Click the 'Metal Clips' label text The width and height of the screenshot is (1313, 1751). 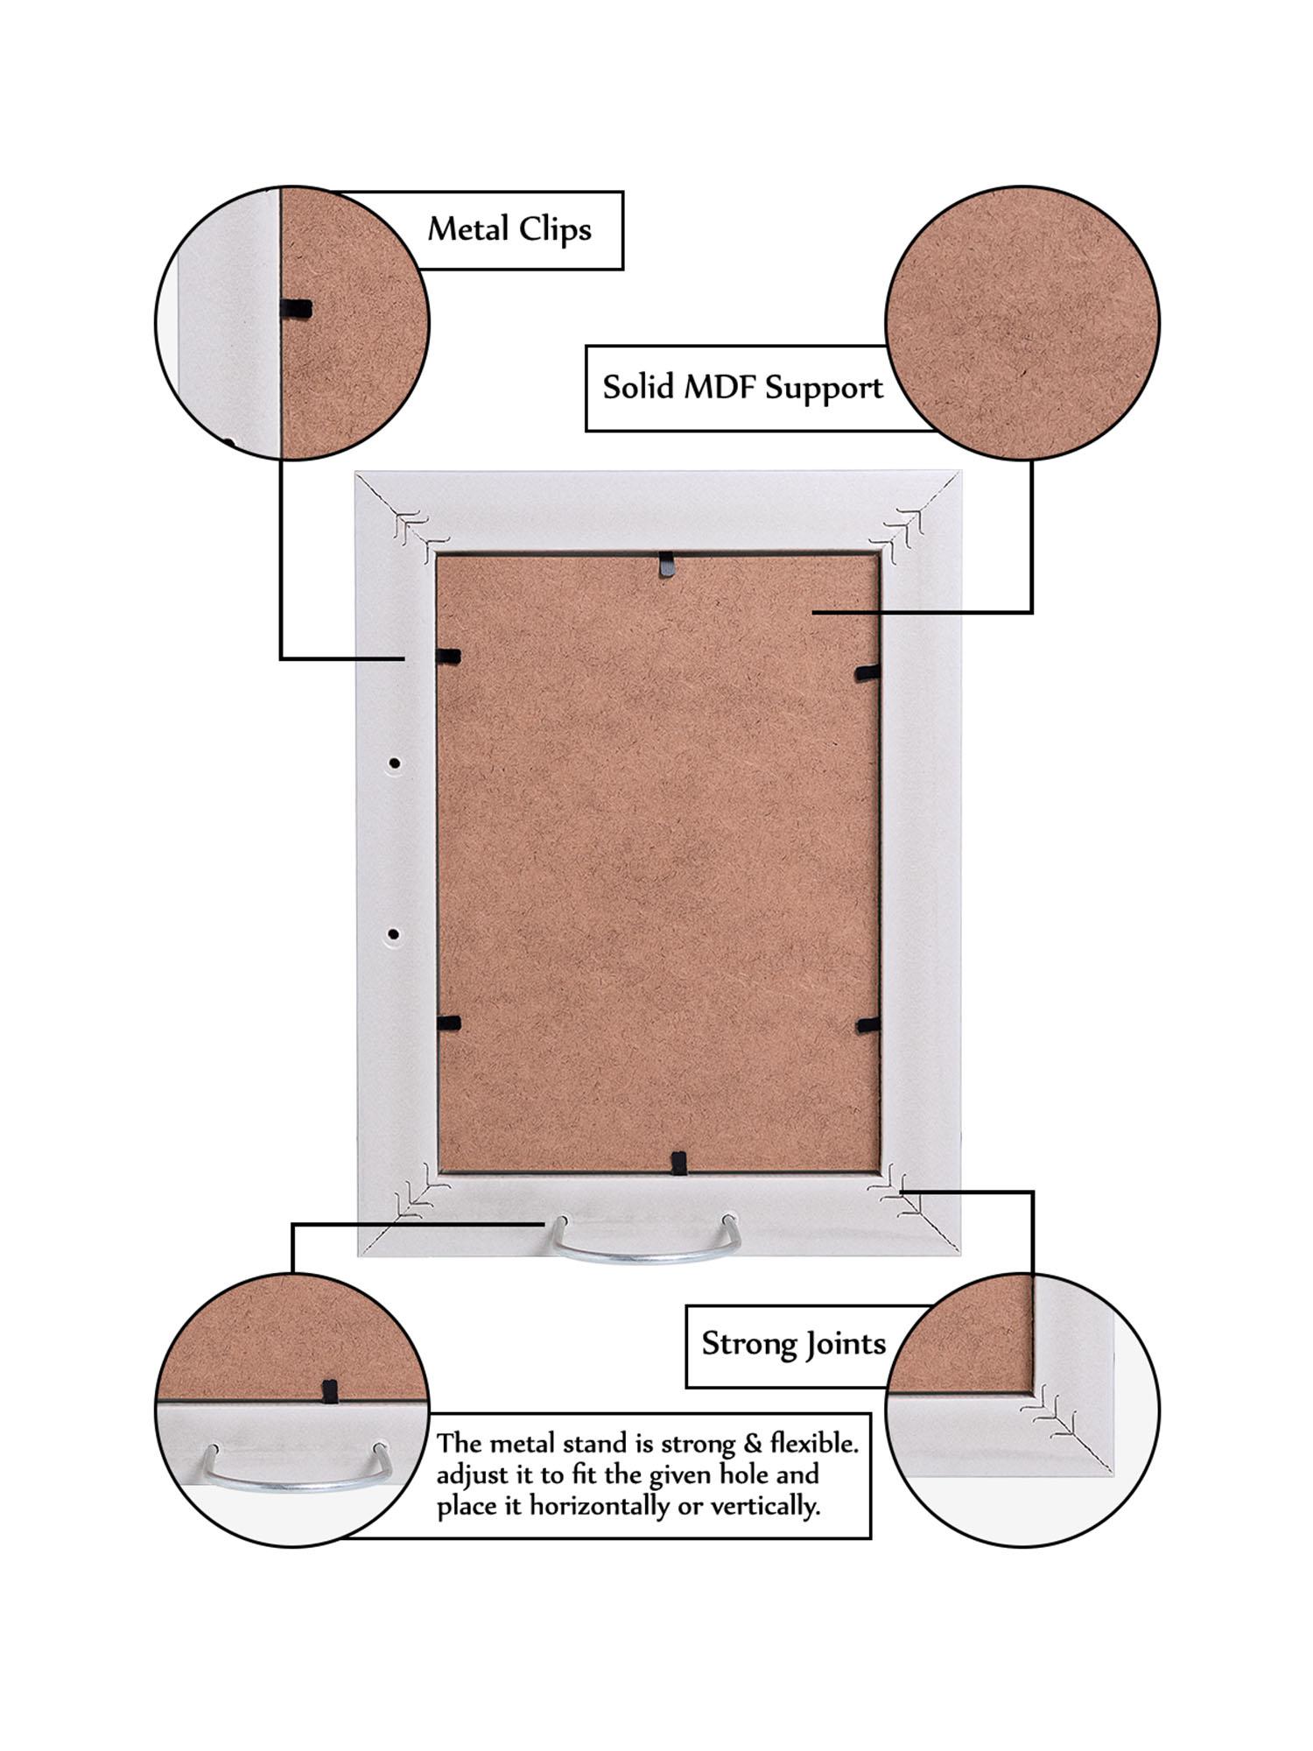[x=509, y=229]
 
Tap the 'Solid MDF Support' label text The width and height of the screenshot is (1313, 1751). [x=742, y=387]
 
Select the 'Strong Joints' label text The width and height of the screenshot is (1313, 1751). [x=793, y=1344]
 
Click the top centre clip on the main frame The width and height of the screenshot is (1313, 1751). [x=668, y=565]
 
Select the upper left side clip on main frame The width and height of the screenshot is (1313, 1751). [x=448, y=655]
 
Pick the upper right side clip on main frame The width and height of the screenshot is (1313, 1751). [x=867, y=672]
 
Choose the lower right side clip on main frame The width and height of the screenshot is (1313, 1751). [x=867, y=1025]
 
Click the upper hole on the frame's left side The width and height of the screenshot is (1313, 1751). [x=395, y=764]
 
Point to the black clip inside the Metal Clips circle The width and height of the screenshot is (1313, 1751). [x=296, y=308]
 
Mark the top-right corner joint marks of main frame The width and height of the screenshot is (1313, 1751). [x=902, y=531]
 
